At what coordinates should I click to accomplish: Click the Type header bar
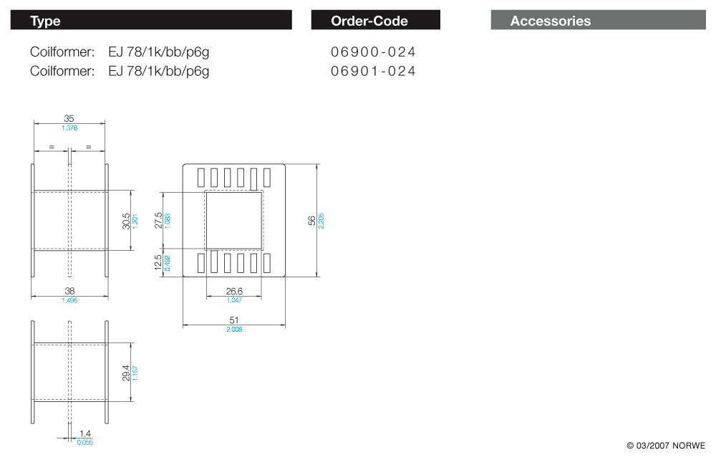pos(151,20)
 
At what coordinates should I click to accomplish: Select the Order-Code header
pos(375,20)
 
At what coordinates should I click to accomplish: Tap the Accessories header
pos(598,20)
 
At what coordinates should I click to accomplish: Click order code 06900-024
pos(373,52)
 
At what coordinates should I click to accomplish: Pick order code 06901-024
pos(373,71)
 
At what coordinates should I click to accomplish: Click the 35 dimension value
pos(69,118)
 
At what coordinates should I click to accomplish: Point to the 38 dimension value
pos(69,291)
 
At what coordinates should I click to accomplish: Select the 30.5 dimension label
pos(126,221)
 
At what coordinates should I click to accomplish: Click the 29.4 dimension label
pos(126,373)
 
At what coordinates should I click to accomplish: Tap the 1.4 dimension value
pos(85,433)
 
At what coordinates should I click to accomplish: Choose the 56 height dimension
pos(311,221)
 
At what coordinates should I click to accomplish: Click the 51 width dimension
pos(233,320)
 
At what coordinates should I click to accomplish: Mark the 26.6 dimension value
pos(234,291)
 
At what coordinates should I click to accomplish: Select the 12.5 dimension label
pos(159,263)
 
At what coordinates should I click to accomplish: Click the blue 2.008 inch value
pos(233,330)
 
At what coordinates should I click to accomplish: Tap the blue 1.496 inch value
pos(69,301)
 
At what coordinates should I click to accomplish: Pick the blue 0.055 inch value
pos(85,442)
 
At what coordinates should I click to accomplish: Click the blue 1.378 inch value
pos(69,128)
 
